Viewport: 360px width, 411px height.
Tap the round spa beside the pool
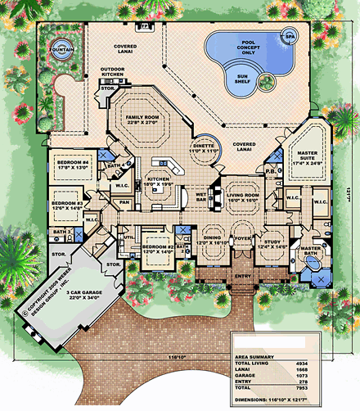[x=290, y=37]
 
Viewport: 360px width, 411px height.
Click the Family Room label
[x=146, y=121]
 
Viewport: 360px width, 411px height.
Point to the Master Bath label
[x=312, y=251]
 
